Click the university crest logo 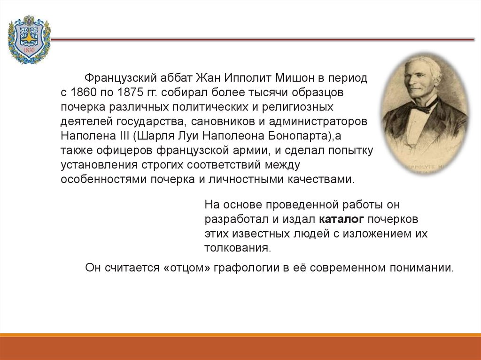pos(29,39)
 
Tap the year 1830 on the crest pos(29,50)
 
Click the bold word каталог pos(341,219)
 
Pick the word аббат pos(176,78)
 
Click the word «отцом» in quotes pos(187,268)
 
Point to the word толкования pos(237,248)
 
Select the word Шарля pos(151,136)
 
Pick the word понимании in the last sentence pos(421,268)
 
